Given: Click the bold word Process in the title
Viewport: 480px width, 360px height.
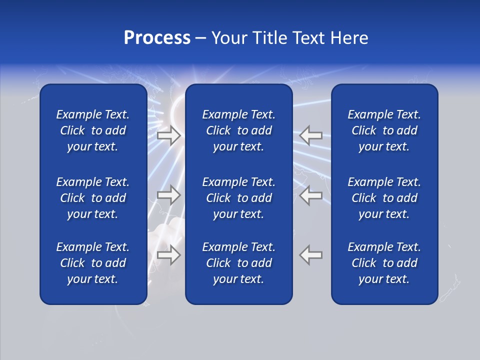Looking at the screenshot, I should point(157,38).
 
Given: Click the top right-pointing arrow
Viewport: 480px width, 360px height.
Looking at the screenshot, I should point(168,135).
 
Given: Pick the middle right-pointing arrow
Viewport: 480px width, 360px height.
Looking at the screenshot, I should point(168,194).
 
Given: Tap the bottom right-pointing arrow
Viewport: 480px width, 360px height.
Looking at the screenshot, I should point(168,254).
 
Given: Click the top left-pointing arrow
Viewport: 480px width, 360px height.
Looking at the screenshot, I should point(311,135).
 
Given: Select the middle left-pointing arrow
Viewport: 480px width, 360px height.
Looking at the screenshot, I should point(311,194).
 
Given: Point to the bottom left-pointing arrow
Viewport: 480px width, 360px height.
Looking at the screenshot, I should point(311,254).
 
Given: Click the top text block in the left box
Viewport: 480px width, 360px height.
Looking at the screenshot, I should point(93,130).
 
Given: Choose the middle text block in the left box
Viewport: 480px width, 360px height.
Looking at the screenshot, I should point(93,198).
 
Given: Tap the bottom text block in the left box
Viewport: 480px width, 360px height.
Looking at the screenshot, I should point(93,263).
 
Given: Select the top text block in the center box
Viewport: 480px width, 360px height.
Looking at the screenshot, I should point(238,130).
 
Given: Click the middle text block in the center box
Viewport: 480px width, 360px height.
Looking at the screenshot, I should point(238,198).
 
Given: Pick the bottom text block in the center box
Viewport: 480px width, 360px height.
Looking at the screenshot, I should point(238,263).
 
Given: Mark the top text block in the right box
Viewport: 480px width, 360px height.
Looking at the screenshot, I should point(384,130).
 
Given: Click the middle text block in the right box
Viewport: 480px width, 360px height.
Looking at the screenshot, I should point(384,198).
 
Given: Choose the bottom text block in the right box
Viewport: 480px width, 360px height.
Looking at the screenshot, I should point(384,263).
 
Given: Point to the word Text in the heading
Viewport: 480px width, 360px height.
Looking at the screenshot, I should point(308,38).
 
